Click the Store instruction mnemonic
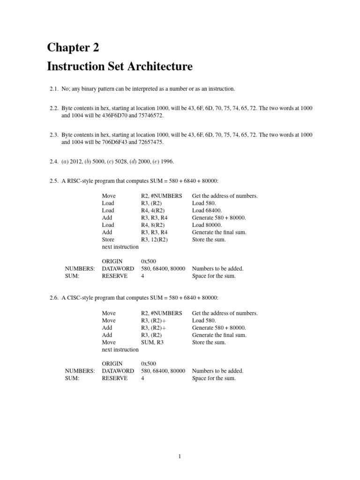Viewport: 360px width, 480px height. [108, 240]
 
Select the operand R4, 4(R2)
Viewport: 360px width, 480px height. [153, 210]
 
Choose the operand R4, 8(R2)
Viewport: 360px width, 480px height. [153, 225]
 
